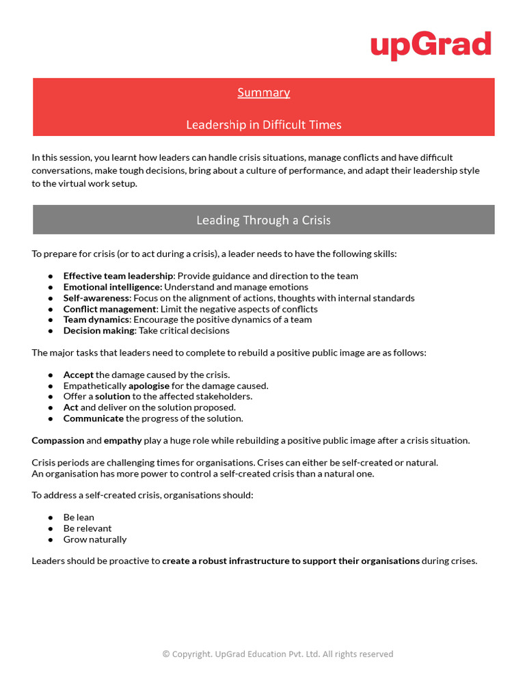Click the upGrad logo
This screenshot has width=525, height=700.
click(x=431, y=45)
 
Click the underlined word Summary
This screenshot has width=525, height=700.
click(x=264, y=92)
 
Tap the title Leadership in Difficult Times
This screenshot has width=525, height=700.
click(x=264, y=124)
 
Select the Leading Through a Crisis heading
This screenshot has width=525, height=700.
click(x=264, y=220)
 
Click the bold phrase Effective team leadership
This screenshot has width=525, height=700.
click(x=118, y=276)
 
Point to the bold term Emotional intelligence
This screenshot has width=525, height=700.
click(x=113, y=287)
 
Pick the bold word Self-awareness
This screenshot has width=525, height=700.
click(x=96, y=298)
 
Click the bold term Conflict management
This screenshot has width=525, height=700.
click(x=109, y=309)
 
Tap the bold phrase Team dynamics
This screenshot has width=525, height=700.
click(x=96, y=320)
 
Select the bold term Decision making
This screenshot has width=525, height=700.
click(x=99, y=331)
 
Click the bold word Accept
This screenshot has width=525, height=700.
click(x=79, y=375)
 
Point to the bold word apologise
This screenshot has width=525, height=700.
click(x=149, y=386)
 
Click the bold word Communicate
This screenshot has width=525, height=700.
click(x=94, y=418)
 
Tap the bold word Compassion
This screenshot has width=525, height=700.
click(x=58, y=441)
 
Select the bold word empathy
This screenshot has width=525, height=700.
click(x=123, y=441)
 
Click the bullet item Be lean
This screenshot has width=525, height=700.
click(x=79, y=517)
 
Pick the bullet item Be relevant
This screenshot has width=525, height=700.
click(x=87, y=528)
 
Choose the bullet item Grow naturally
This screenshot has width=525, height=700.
click(x=95, y=539)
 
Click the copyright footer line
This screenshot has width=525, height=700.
click(x=278, y=654)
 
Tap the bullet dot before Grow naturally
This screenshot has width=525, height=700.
click(x=51, y=540)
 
